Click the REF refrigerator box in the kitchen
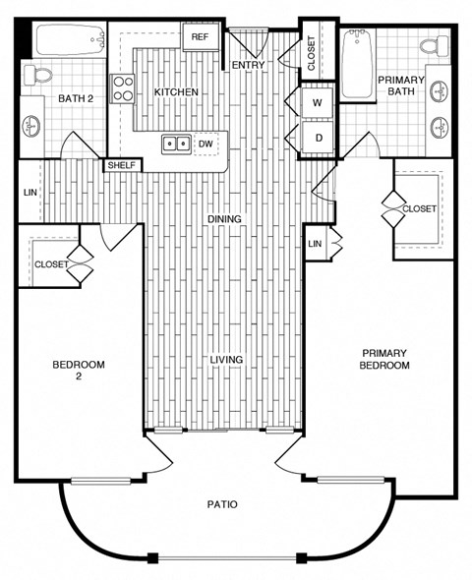pyautogui.click(x=200, y=37)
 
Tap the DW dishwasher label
pyautogui.click(x=206, y=144)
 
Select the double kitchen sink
pyautogui.click(x=178, y=144)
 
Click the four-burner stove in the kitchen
pyautogui.click(x=123, y=89)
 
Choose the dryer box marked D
pyautogui.click(x=319, y=136)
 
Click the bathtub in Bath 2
pyautogui.click(x=69, y=41)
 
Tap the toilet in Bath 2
pyautogui.click(x=38, y=75)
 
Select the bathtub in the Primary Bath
pyautogui.click(x=357, y=65)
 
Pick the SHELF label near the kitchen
pyautogui.click(x=122, y=165)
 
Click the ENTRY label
pyautogui.click(x=247, y=66)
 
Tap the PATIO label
pyautogui.click(x=223, y=504)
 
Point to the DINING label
pyautogui.click(x=224, y=218)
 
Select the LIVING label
pyautogui.click(x=226, y=360)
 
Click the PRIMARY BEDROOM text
pyautogui.click(x=385, y=359)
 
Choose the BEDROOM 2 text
pyautogui.click(x=78, y=370)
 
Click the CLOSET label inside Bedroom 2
pyautogui.click(x=50, y=264)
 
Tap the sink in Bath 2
pyautogui.click(x=32, y=126)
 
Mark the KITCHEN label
pyautogui.click(x=176, y=92)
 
